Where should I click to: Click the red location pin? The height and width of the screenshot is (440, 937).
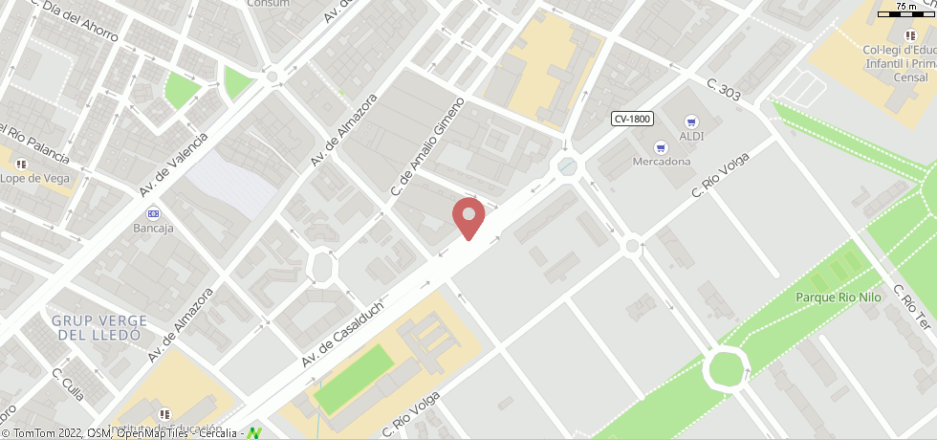click(x=468, y=217)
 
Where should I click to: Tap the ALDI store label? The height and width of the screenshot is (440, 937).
click(x=691, y=136)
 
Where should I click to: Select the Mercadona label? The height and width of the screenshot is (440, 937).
click(x=662, y=161)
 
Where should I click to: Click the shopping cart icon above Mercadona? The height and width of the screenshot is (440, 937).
click(x=660, y=147)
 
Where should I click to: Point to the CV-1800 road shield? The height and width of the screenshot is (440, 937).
click(x=632, y=119)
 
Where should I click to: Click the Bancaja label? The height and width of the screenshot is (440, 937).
click(x=153, y=228)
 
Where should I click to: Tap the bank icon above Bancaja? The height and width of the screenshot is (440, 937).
click(x=153, y=213)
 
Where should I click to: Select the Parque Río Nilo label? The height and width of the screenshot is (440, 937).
click(x=838, y=297)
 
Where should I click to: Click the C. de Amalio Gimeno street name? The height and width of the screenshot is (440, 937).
click(x=426, y=146)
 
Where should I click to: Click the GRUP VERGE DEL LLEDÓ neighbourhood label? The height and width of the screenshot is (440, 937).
click(x=99, y=328)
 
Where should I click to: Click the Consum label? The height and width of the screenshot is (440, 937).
click(x=268, y=4)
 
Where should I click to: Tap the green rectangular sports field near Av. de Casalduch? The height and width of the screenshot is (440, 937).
click(x=354, y=379)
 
